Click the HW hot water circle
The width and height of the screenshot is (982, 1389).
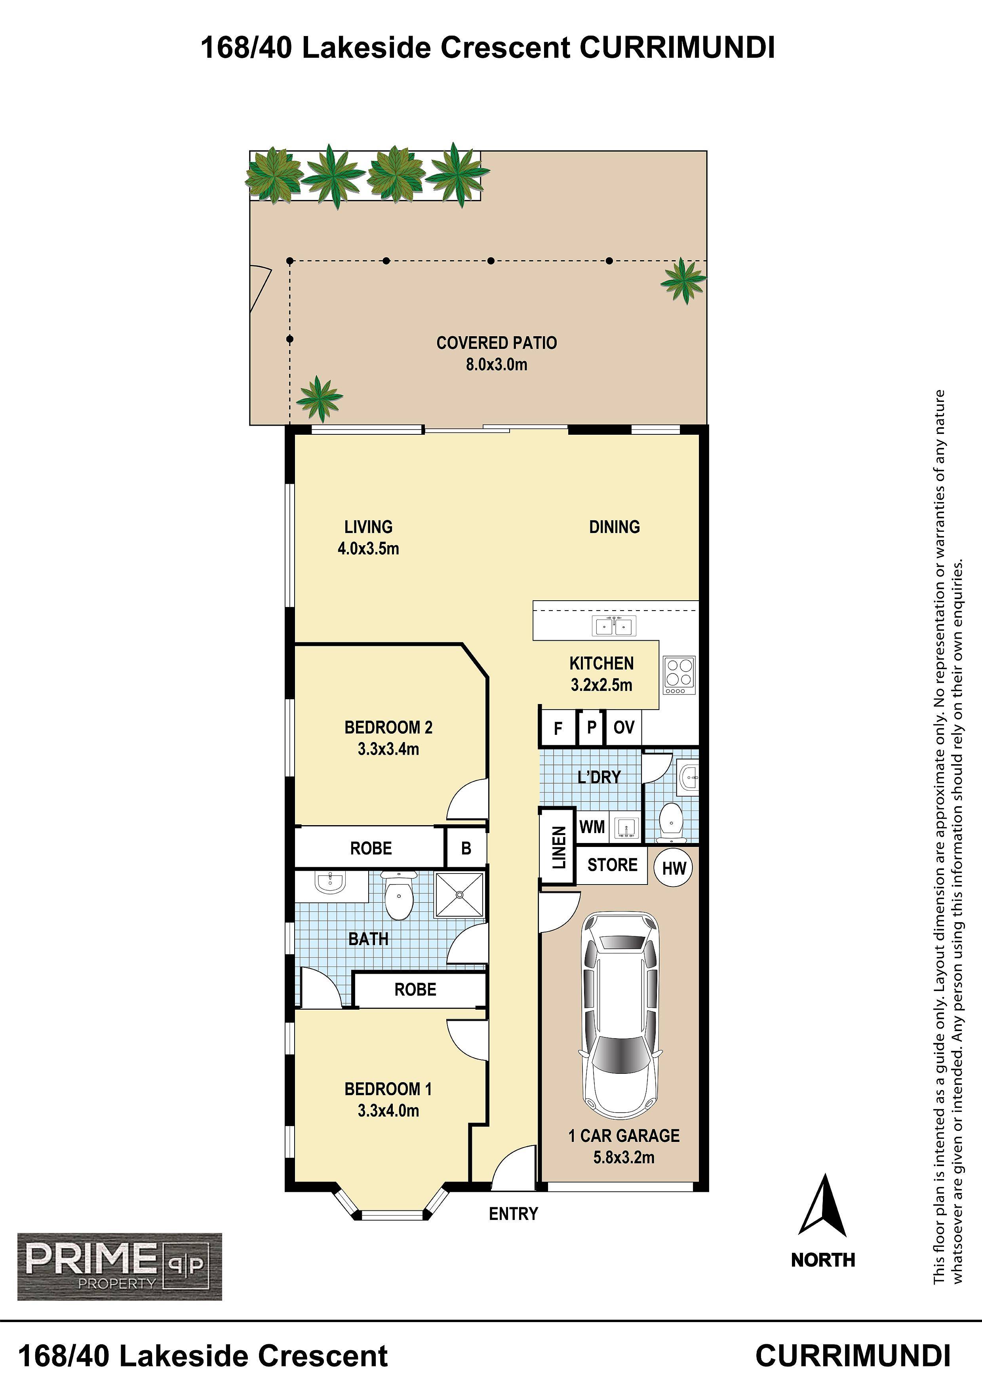click(674, 868)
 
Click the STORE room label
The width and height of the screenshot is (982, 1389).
click(612, 865)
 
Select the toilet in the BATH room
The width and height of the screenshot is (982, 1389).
click(398, 895)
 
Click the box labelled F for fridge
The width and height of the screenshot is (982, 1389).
click(558, 728)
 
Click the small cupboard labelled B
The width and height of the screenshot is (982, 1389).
click(466, 848)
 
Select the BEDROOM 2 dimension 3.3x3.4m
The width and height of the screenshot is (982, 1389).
click(388, 749)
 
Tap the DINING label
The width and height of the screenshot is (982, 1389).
click(614, 527)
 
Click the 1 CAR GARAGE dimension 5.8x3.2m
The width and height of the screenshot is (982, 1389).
click(624, 1157)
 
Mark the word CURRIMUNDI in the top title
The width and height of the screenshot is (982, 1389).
click(677, 48)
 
